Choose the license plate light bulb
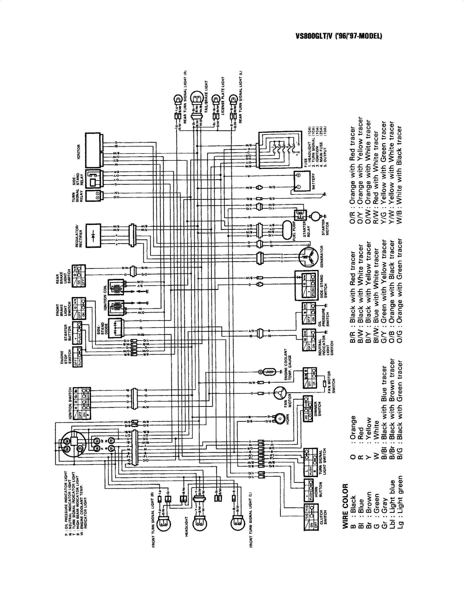216,99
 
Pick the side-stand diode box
117,329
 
